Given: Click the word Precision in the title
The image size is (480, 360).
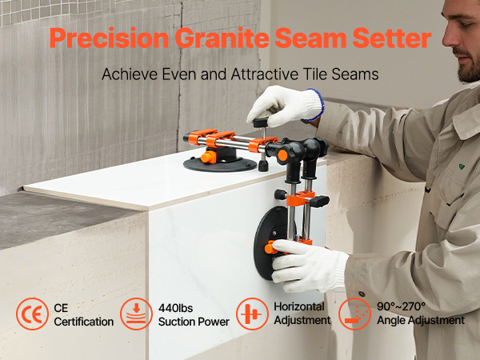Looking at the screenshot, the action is click(109, 38).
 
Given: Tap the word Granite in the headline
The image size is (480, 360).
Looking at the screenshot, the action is click(222, 38).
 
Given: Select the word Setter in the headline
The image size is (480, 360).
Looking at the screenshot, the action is click(392, 38).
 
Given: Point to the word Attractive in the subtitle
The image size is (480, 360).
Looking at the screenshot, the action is click(265, 74).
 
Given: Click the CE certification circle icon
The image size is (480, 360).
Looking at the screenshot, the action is click(33, 314).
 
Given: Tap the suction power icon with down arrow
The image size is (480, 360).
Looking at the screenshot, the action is click(136, 314).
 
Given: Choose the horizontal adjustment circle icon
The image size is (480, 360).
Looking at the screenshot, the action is click(252, 314).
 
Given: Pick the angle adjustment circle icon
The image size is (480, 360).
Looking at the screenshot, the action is click(354, 314).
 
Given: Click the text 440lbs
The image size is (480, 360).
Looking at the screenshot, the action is click(175, 308).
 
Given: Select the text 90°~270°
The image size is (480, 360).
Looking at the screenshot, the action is click(401, 306).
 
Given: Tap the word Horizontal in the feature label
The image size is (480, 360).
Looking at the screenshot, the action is click(299, 306).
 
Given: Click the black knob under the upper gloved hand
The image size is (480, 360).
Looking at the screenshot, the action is click(261, 123).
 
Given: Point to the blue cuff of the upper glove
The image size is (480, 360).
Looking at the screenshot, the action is click(316, 105).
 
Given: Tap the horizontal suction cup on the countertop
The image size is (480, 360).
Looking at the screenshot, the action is click(220, 164).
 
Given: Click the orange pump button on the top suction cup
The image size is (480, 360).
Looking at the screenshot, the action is click(209, 157).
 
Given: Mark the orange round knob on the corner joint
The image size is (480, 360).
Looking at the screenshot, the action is click(282, 155).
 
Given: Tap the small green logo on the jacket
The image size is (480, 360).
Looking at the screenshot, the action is click(462, 166).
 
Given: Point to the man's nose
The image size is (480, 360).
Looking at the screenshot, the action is click(447, 38).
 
